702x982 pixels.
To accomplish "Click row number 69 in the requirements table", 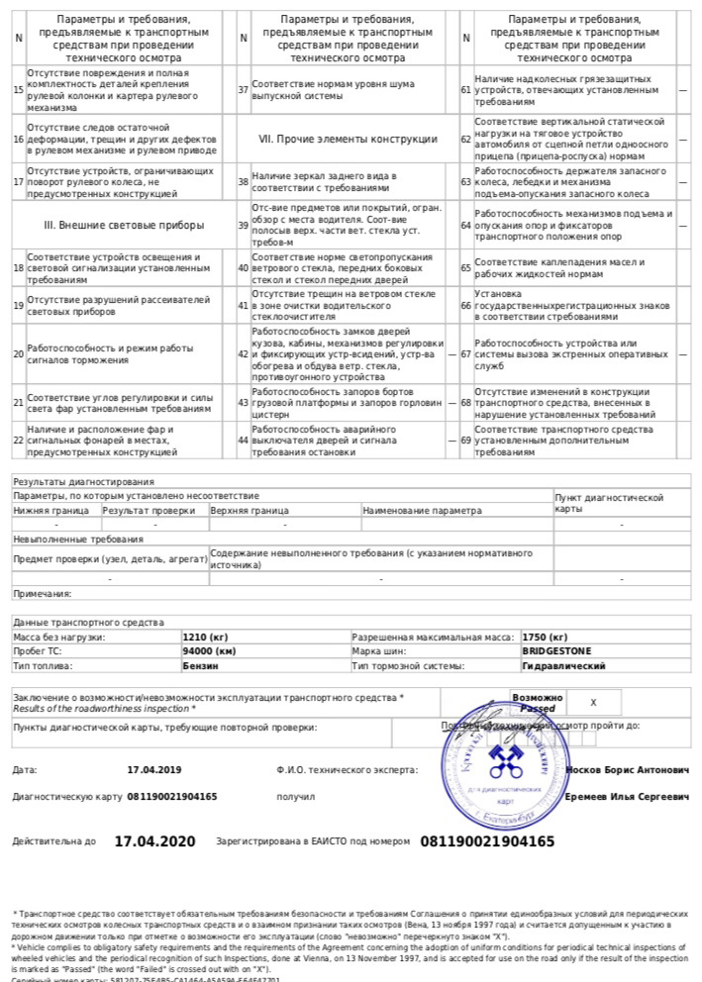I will point(466,441).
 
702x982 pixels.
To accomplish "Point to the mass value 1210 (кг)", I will point(206,638).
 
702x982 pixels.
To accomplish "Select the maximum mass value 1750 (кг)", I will point(545,638).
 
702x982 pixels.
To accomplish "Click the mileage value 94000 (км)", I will point(209,652).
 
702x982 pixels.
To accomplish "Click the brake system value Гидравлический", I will point(563,667).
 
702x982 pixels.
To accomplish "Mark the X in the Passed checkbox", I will point(592,702).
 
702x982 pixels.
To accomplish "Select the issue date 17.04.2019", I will point(154,769).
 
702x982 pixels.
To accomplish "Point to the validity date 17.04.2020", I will point(155,841).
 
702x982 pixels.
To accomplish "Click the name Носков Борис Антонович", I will point(628,769).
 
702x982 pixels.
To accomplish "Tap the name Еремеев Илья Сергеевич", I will point(627,796).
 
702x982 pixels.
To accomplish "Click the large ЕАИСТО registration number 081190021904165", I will point(488,841).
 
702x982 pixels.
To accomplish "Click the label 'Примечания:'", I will point(42,594).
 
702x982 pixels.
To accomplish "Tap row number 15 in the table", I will point(18,89).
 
